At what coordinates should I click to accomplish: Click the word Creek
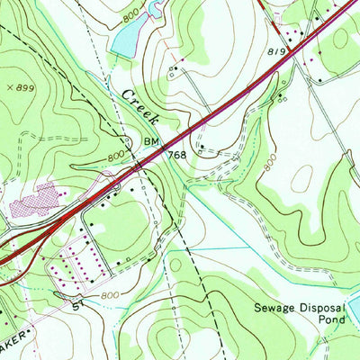(x=140, y=107)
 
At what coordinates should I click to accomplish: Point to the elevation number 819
(x=278, y=52)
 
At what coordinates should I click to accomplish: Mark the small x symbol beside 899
(x=9, y=86)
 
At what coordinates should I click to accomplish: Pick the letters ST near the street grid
(x=78, y=307)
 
